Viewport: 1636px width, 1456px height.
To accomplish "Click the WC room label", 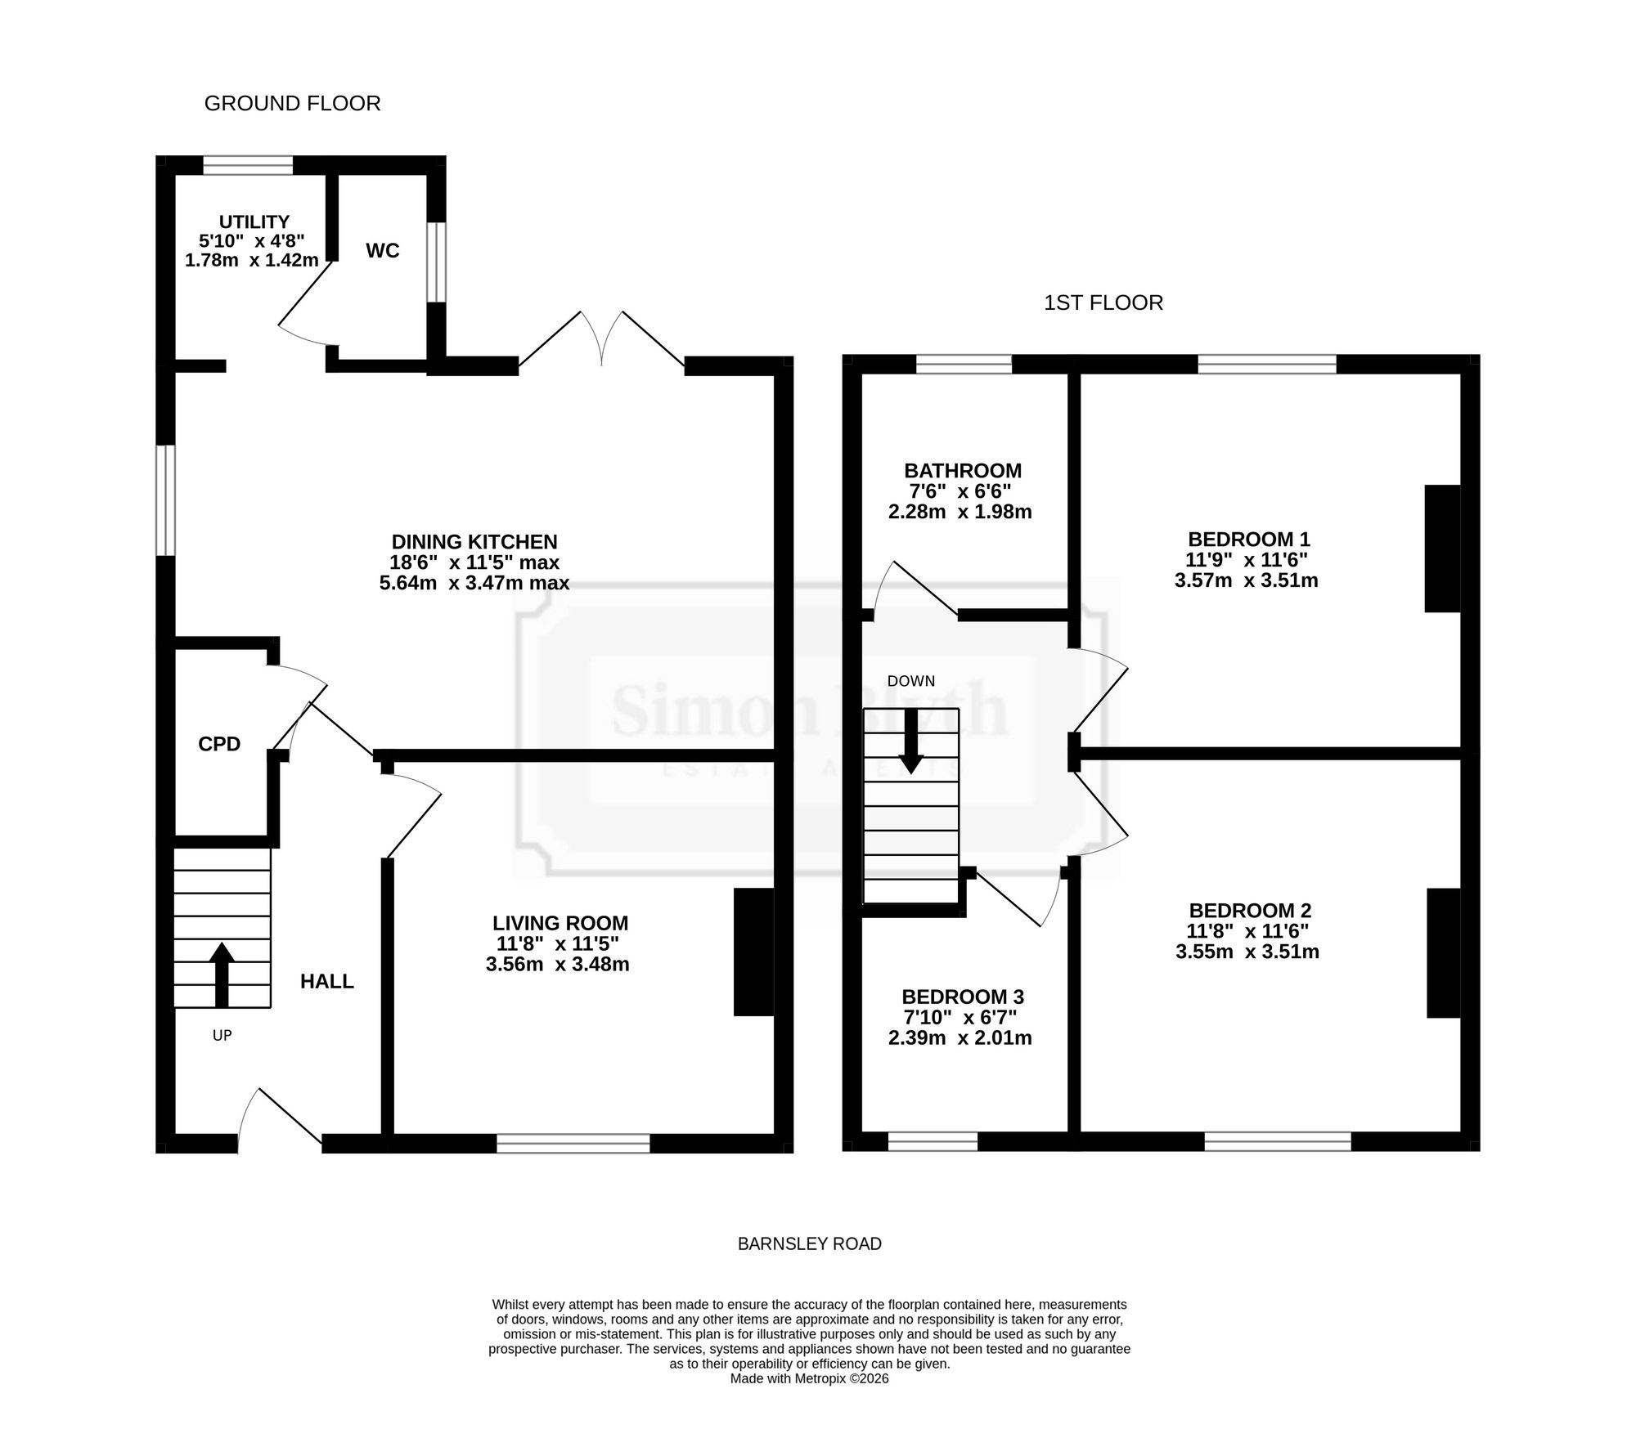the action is coord(383,251).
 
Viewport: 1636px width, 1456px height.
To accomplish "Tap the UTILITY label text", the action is coord(254,222).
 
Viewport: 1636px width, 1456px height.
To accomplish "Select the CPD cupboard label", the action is coord(219,744).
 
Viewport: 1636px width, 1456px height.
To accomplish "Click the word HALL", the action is coord(327,981).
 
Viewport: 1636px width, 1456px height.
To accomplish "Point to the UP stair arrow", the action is coord(222,974).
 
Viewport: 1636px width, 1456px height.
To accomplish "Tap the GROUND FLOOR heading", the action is coord(292,104).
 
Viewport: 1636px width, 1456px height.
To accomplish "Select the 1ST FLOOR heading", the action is coord(1103,303).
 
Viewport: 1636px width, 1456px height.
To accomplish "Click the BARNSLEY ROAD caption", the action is coord(810,1244).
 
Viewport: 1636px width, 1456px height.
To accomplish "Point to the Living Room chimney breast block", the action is coord(753,952).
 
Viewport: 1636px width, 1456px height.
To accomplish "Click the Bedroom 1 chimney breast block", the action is coord(1442,549).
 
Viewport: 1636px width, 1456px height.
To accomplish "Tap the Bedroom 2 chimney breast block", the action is coord(1444,953).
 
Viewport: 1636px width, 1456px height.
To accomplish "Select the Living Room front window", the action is coord(573,1143).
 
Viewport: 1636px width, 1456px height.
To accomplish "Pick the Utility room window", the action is coord(248,165).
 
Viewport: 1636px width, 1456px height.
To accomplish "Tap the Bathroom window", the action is coord(964,365).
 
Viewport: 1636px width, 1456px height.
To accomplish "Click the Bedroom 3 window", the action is coord(933,1142).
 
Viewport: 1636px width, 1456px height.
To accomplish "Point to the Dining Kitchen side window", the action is coord(165,500).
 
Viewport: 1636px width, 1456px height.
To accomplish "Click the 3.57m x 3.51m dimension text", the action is coord(1247,581).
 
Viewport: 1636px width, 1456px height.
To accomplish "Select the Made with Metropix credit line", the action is coord(810,1378).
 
